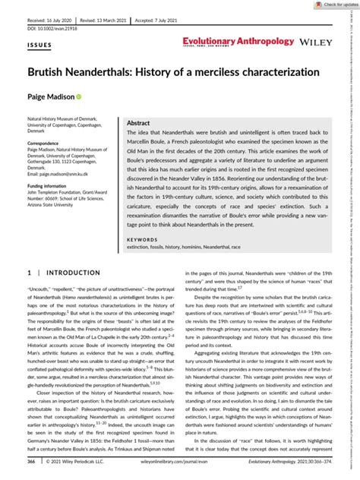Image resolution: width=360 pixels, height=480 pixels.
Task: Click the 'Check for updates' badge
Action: tap(323, 5)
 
